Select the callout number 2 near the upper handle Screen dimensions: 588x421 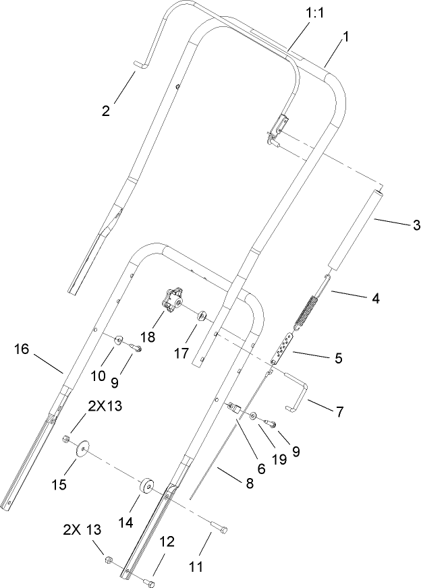pos(106,111)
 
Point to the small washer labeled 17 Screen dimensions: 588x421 pos(202,316)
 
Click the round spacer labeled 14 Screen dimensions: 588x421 pos(146,487)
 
